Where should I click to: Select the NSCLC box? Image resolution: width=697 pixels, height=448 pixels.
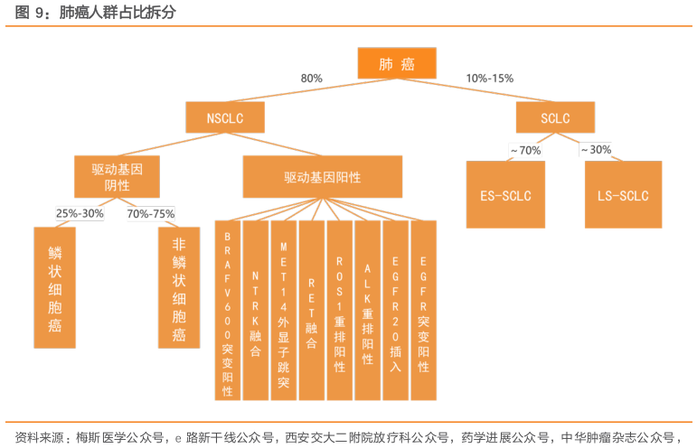point(226,117)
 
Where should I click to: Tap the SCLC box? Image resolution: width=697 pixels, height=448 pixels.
point(555,117)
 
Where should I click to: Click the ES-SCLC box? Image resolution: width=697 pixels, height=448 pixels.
point(505,195)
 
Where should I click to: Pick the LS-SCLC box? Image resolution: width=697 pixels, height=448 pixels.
point(623,195)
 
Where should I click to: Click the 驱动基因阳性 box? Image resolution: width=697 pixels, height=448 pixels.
point(323,176)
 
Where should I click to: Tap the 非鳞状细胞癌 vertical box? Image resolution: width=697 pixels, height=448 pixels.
point(178,286)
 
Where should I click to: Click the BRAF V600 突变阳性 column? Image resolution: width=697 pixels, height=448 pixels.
point(227,310)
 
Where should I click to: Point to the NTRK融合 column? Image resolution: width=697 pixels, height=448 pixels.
point(256,310)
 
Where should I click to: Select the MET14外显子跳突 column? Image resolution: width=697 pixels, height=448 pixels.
point(284,310)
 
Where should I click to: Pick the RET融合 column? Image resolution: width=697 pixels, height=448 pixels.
point(312,310)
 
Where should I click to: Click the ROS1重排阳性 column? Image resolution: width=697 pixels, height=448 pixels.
point(340,310)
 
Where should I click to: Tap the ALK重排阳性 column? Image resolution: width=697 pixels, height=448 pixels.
point(368,310)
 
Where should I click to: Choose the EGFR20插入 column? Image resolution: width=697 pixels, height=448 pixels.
point(396,310)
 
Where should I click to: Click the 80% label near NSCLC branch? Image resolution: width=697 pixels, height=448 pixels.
point(312,79)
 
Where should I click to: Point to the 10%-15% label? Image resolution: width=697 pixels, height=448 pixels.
point(489,79)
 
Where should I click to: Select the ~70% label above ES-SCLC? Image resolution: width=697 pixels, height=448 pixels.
point(525,150)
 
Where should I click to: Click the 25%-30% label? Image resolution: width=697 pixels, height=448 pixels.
point(80,214)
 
